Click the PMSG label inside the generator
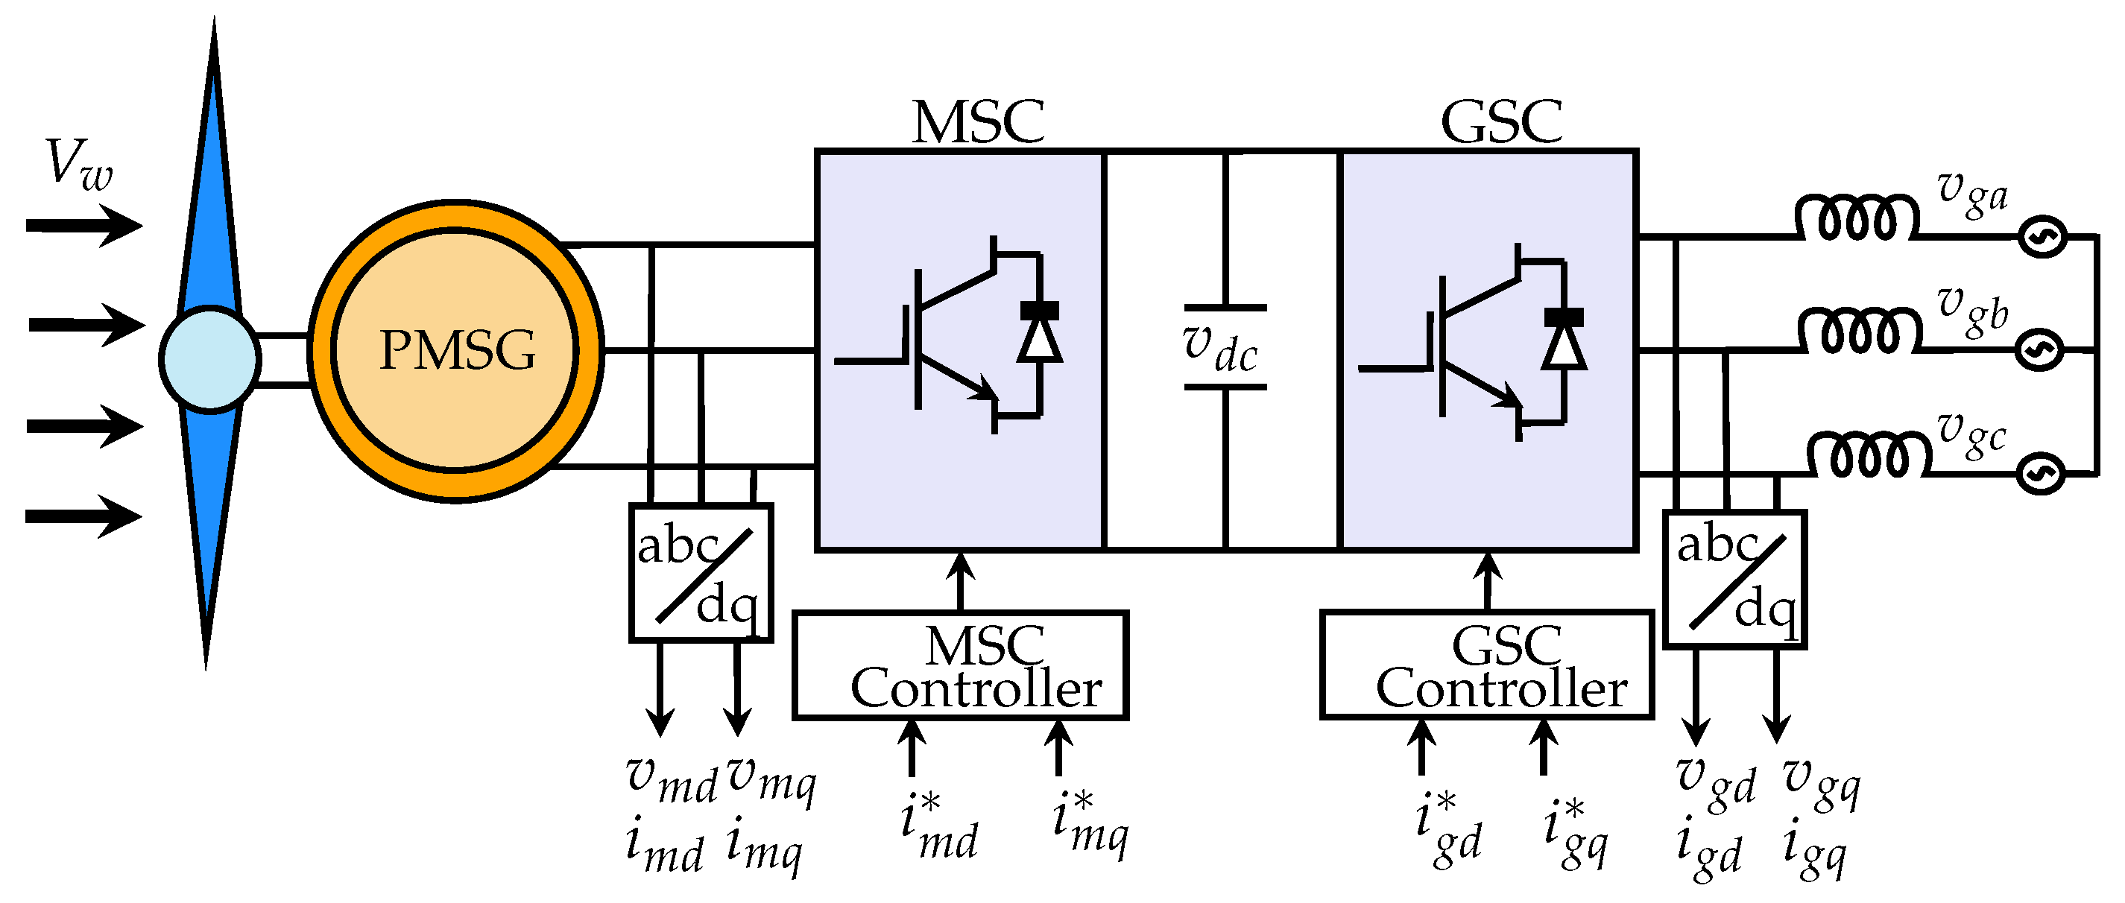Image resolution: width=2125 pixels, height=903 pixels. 457,350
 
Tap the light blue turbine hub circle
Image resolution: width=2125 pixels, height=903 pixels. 209,358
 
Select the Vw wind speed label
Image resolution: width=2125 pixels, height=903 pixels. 78,165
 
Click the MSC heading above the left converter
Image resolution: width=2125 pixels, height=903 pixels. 978,122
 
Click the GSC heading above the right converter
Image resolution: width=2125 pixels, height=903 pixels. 1500,122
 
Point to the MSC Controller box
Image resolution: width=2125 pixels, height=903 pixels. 959,665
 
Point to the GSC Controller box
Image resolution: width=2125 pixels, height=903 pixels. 1486,665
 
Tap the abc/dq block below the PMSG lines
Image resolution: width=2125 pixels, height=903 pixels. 701,572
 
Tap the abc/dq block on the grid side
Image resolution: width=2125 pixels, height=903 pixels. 1735,579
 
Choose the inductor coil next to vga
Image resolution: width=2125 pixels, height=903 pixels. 1856,218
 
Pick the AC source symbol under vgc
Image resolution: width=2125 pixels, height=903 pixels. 2041,472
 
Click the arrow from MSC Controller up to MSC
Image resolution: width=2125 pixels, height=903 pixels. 959,580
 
